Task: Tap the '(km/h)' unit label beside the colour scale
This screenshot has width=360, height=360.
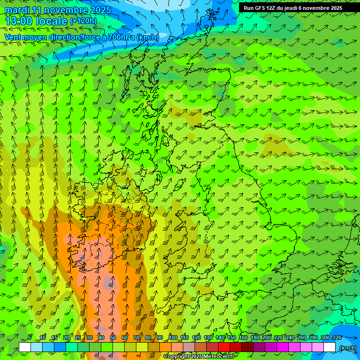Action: [347, 347]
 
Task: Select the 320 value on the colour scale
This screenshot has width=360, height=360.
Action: [337, 337]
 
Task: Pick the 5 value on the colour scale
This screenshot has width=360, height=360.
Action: [30, 337]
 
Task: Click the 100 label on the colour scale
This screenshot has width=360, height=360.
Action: [172, 337]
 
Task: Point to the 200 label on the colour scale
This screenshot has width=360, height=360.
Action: [266, 337]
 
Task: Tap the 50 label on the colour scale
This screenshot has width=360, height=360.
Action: [112, 337]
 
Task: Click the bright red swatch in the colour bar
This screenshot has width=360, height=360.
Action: [224, 347]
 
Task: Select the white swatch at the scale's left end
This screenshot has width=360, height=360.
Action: [25, 347]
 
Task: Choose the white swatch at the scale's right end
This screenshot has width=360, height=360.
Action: [330, 347]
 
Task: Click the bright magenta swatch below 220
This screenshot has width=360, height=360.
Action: [283, 347]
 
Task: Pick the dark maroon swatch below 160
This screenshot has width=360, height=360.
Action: [247, 347]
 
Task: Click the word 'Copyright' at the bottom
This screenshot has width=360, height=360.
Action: [176, 357]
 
